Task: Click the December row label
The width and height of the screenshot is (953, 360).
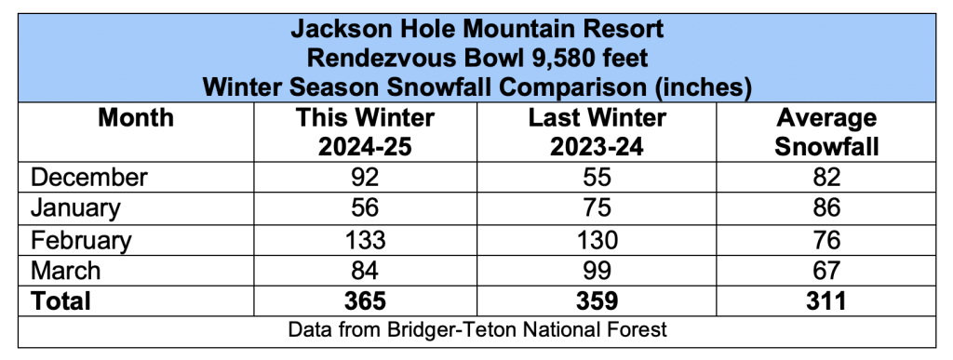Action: (x=88, y=178)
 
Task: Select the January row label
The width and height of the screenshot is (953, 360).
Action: (x=75, y=208)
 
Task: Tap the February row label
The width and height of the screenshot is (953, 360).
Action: (x=81, y=240)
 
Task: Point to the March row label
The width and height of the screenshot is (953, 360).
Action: (x=66, y=271)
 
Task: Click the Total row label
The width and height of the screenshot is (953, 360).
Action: (x=60, y=301)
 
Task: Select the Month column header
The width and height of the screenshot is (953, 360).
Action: (x=136, y=118)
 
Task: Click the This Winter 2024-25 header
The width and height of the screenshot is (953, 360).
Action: (x=365, y=132)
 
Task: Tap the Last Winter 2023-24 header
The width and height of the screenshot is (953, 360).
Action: (x=597, y=132)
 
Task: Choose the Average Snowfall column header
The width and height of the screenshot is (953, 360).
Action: (x=826, y=132)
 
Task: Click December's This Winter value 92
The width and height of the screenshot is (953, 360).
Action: (x=365, y=178)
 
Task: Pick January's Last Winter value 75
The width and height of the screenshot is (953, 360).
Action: (x=597, y=208)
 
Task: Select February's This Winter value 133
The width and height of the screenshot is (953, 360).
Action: (x=365, y=240)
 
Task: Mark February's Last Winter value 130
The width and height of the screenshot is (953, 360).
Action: (x=597, y=240)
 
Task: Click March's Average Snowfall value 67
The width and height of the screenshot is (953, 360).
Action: (x=826, y=271)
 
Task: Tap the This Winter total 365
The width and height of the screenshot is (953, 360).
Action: (x=365, y=301)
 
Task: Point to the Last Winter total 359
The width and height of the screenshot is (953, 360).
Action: (x=597, y=301)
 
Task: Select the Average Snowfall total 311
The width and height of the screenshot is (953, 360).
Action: (x=826, y=301)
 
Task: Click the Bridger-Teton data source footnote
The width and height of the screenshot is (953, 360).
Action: (x=477, y=330)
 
